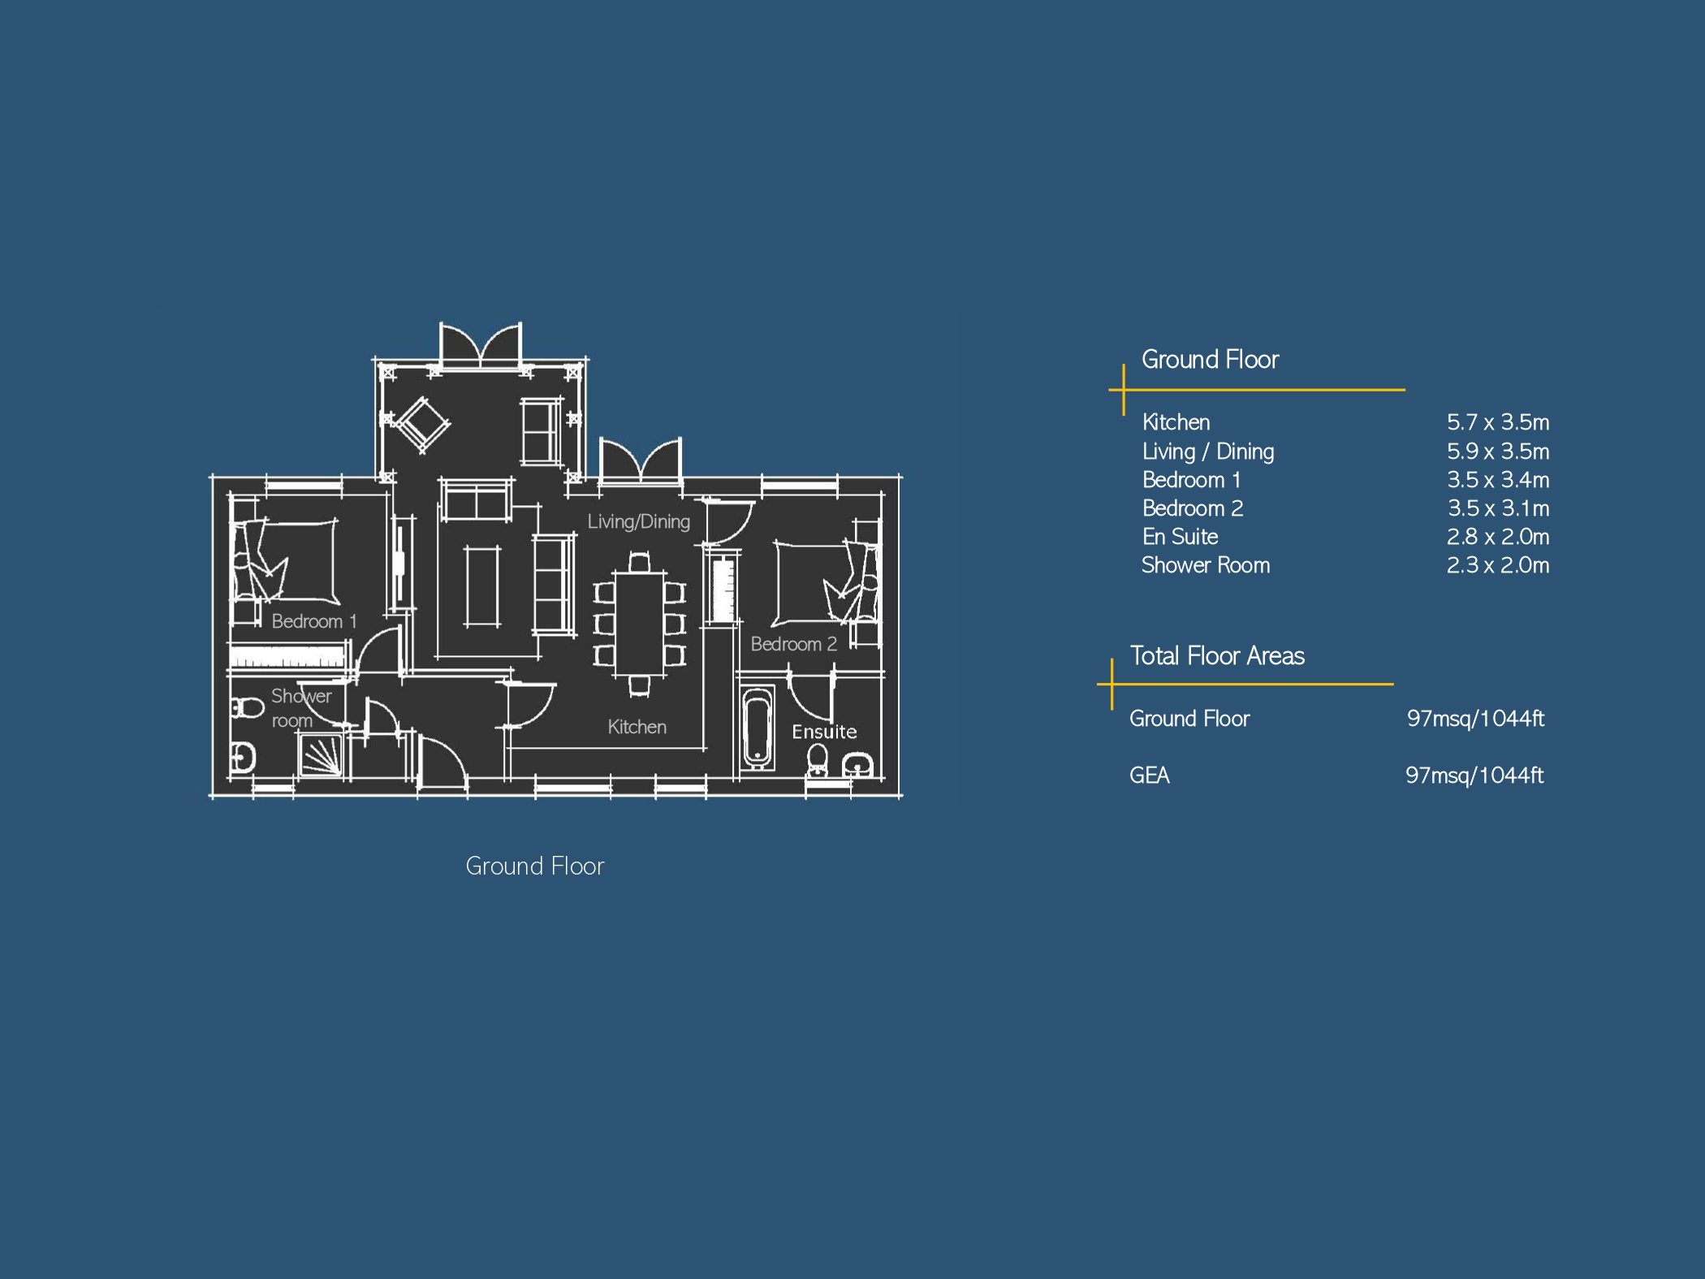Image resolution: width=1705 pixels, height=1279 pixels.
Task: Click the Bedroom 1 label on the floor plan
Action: point(314,621)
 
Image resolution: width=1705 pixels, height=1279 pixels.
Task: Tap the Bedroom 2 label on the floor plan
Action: point(793,644)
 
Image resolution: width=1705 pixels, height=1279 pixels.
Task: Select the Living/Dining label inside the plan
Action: point(639,521)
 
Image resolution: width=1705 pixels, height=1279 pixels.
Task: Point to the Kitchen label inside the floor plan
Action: point(637,727)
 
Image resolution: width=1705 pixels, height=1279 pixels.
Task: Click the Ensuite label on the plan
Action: point(824,732)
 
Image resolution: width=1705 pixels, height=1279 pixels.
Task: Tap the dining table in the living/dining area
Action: point(640,624)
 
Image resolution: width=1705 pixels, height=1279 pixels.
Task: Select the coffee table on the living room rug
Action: point(482,585)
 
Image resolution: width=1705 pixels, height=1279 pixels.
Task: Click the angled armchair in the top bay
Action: point(421,423)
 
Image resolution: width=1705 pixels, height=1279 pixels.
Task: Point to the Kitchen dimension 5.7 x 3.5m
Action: point(1498,422)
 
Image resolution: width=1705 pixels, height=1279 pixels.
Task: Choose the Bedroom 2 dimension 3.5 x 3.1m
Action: point(1499,508)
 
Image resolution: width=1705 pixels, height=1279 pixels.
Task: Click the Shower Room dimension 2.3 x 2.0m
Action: point(1498,565)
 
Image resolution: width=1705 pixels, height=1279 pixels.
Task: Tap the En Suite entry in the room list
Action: point(1181,537)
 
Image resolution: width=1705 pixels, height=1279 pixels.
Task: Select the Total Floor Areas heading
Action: point(1217,655)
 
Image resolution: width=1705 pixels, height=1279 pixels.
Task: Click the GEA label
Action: point(1150,776)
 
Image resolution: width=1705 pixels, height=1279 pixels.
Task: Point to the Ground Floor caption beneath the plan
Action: point(535,866)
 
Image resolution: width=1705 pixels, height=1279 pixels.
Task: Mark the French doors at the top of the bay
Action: point(480,345)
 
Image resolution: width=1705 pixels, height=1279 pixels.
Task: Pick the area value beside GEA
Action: point(1474,776)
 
